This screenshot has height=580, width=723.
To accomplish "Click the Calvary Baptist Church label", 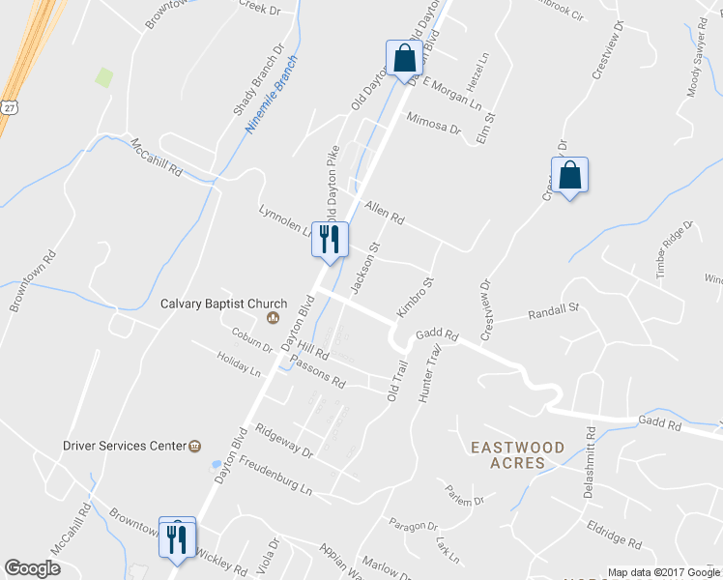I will click(211, 304).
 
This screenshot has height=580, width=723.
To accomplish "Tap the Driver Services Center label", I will click(123, 446).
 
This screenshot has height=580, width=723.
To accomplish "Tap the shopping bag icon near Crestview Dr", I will click(570, 176).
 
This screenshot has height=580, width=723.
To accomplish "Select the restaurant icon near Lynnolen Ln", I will click(330, 239).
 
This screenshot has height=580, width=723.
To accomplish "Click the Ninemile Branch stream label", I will click(273, 95).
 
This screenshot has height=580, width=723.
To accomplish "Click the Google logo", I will click(32, 568).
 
